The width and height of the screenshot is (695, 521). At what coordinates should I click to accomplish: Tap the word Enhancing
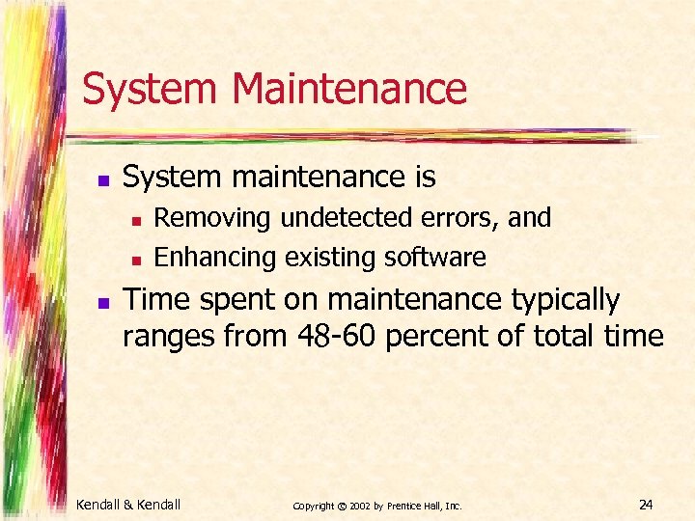(x=215, y=258)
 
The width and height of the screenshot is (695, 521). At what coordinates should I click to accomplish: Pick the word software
(x=435, y=258)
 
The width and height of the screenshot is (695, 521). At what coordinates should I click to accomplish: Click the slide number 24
(x=646, y=503)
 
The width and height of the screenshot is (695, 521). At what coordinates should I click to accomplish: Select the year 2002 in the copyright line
(x=358, y=505)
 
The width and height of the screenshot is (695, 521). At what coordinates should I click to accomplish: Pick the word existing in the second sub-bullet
(x=331, y=258)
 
